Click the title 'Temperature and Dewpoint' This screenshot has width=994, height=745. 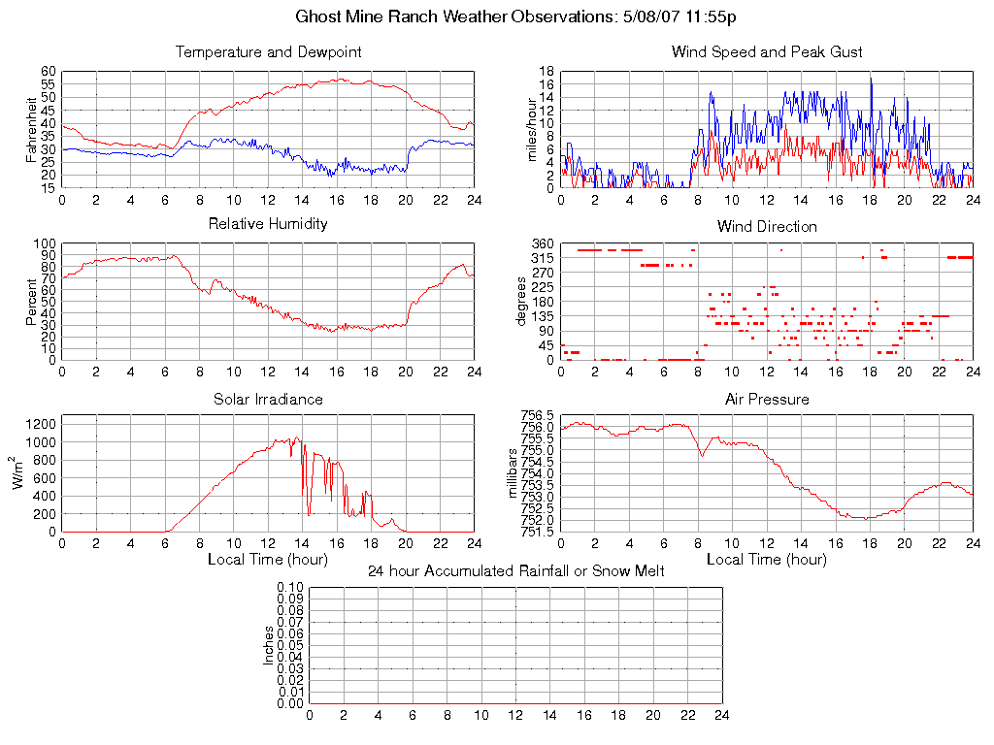click(x=268, y=51)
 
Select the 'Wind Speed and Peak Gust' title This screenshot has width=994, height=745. click(x=767, y=51)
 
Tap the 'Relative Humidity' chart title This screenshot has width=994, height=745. click(x=268, y=224)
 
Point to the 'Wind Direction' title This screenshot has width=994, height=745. click(x=767, y=226)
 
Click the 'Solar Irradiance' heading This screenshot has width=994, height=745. click(x=268, y=399)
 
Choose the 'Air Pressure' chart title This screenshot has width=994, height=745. click(x=767, y=399)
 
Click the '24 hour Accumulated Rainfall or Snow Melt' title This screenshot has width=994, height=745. click(x=515, y=571)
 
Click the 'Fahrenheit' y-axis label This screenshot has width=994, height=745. click(x=31, y=130)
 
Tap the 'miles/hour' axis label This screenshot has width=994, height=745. click(x=530, y=130)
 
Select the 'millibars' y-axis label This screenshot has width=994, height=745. click(x=515, y=473)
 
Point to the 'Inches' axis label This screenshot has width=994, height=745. click(x=269, y=645)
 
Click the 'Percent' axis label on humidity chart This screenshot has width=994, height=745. click(x=31, y=302)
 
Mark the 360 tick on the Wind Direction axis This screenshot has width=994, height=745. click(x=542, y=243)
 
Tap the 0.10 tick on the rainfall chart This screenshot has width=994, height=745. click(x=290, y=587)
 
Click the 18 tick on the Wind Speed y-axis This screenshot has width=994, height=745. click(x=547, y=72)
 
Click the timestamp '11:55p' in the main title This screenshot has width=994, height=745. click(x=713, y=17)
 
